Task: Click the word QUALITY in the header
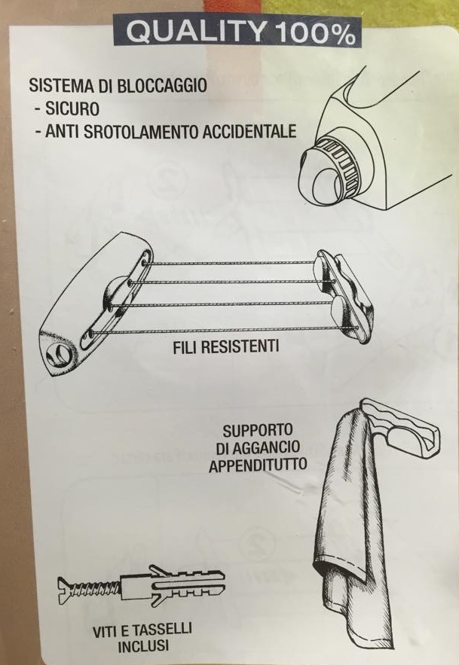pyautogui.click(x=194, y=32)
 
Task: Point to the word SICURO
pyautogui.click(x=70, y=108)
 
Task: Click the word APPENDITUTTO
pyautogui.click(x=257, y=465)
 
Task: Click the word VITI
pyautogui.click(x=106, y=632)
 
